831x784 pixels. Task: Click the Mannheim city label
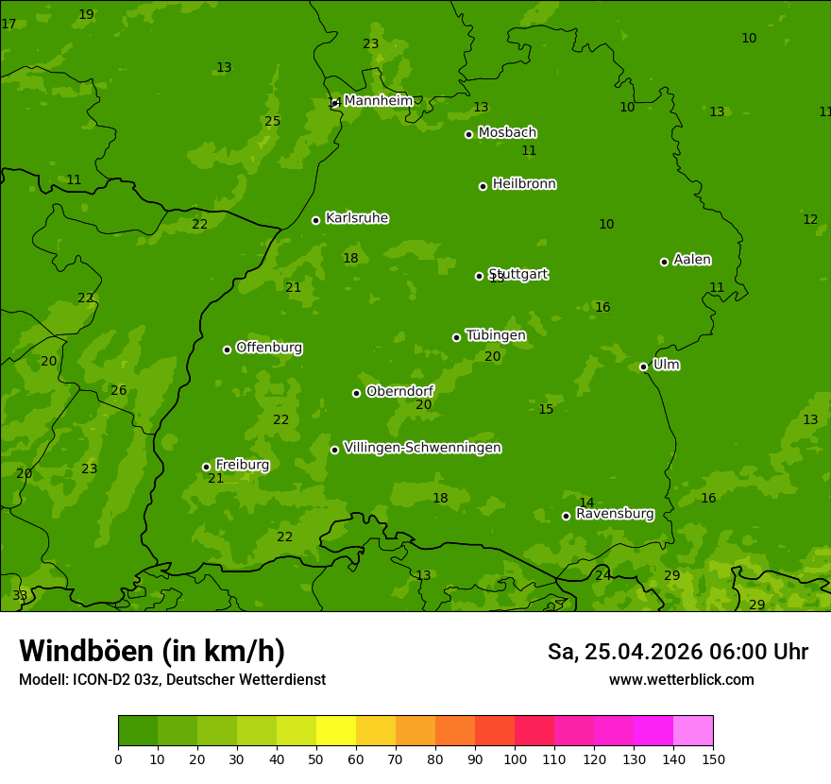(378, 101)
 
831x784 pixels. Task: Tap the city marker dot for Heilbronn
(483, 186)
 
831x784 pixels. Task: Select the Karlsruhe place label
(356, 218)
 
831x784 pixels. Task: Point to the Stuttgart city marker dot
(479, 276)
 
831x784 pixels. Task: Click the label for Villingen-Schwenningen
(422, 448)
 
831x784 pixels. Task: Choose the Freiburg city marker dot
(206, 467)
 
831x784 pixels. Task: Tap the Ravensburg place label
(615, 514)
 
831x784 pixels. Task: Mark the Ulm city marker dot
(643, 366)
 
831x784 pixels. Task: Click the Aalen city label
(692, 260)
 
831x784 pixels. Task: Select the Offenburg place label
(269, 348)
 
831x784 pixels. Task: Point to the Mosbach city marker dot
(468, 134)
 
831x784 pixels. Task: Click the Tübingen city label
(496, 335)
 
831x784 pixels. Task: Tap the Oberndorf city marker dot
(356, 393)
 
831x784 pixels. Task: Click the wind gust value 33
(20, 596)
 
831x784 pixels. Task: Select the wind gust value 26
(119, 390)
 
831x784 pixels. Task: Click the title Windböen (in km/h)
(152, 651)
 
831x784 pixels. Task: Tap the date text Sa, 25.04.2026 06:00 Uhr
(677, 652)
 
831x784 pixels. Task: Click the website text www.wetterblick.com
(681, 680)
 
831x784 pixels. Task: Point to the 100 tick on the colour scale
(515, 758)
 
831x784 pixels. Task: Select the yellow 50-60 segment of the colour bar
(336, 731)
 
